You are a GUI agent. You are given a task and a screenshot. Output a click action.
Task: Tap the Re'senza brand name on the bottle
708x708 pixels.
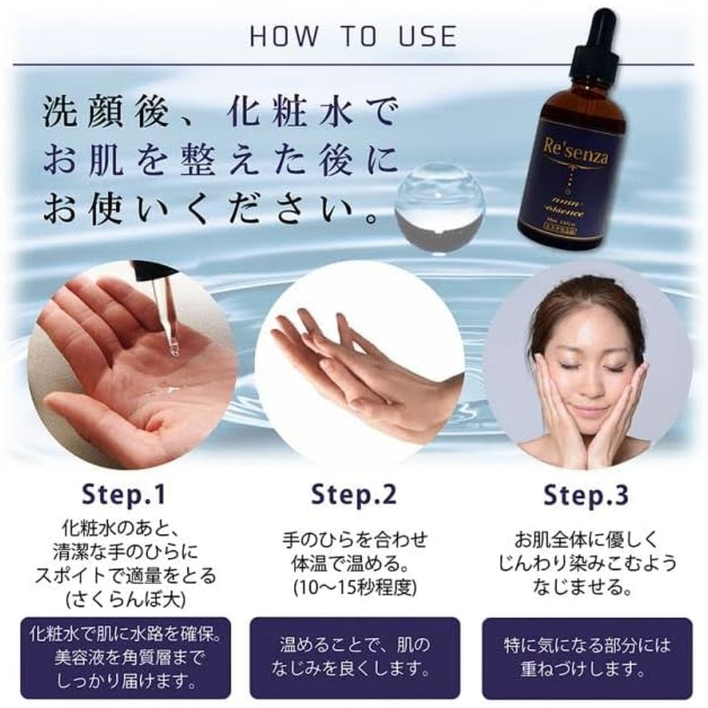click(x=572, y=150)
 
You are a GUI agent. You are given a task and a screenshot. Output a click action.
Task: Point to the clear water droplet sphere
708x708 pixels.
click(x=439, y=205)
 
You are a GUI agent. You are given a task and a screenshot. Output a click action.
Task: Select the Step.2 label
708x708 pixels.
click(x=354, y=493)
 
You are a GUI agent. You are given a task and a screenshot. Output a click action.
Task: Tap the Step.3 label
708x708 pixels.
click(x=587, y=493)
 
